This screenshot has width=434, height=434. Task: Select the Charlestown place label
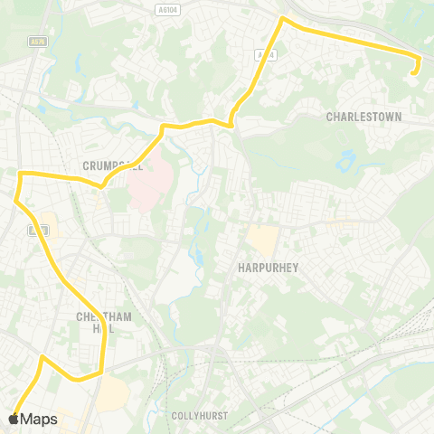(363, 118)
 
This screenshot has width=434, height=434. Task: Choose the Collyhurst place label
(199, 416)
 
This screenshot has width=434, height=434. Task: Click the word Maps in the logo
(39, 419)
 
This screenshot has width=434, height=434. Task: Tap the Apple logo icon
(14, 419)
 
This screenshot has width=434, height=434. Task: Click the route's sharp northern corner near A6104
(283, 18)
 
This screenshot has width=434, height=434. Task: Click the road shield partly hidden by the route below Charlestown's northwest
(264, 54)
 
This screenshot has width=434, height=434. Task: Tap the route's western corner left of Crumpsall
(21, 173)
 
